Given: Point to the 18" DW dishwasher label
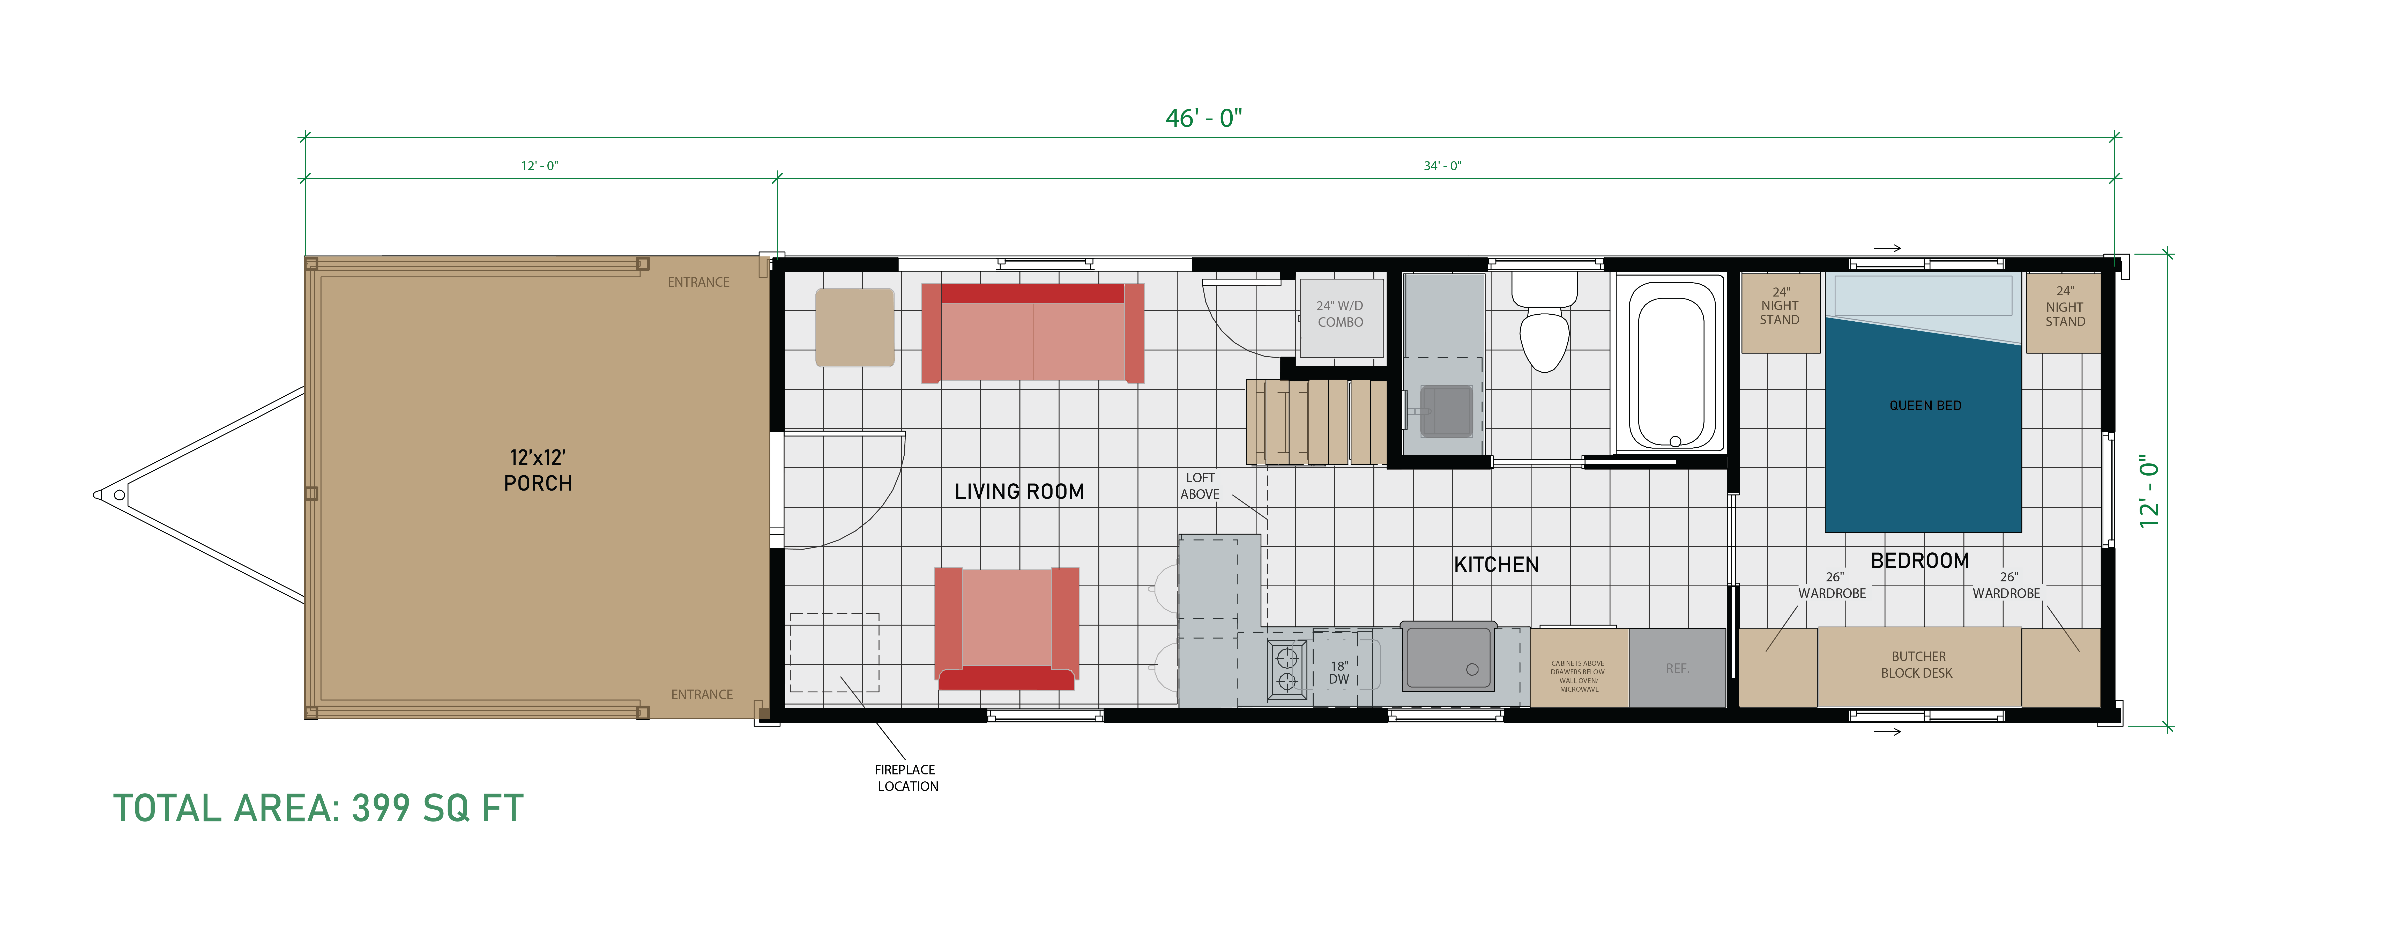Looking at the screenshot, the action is tap(1339, 672).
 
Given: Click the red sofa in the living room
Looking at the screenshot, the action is tap(1033, 333).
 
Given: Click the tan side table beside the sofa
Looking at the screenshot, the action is tap(854, 327).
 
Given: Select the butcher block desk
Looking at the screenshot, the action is tap(1919, 667).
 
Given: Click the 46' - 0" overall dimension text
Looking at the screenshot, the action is tap(1203, 119).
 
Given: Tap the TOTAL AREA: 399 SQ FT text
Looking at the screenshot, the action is tap(318, 808).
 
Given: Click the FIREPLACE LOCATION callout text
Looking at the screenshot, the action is tap(906, 778).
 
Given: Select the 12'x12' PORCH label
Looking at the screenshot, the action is tap(538, 470).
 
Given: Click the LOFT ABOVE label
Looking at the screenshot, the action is tap(1200, 485).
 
